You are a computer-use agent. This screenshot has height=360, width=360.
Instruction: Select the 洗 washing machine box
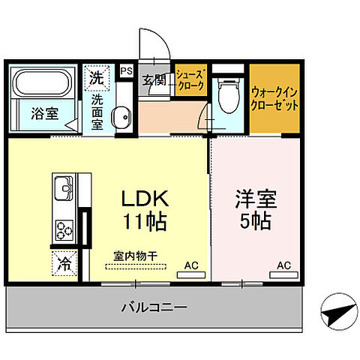pos(97,76)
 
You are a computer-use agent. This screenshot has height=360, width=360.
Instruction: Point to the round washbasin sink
pos(121,115)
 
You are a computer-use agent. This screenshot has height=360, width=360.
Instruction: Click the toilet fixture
pos(226,94)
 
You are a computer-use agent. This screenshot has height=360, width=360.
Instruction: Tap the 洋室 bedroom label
pos(256,200)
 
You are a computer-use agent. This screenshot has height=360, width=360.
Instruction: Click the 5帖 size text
pos(256,222)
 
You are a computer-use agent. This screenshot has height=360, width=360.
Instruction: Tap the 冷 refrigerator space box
pos(64,263)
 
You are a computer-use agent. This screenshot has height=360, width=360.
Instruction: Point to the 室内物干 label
pos(136,256)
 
